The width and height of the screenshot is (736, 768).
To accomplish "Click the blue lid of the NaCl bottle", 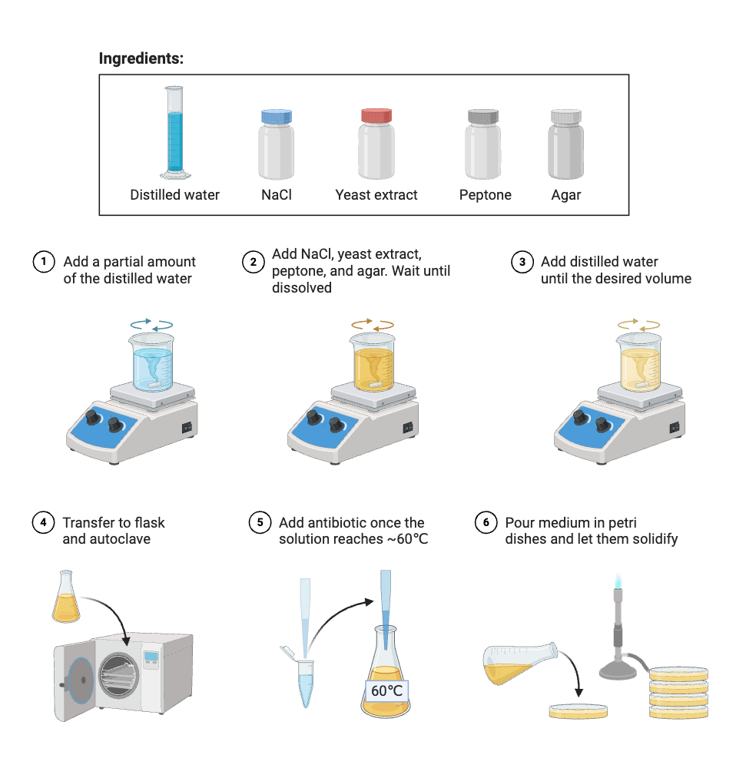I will pos(277,117).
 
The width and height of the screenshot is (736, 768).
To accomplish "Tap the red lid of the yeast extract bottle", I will pos(376,116).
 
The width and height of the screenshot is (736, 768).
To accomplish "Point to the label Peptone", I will pos(485,195).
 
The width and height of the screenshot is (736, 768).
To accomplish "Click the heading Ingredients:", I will pos(141,58).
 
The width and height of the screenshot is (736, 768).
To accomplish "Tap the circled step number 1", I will pos(43,262).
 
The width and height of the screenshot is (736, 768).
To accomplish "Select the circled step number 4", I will pos(43,523).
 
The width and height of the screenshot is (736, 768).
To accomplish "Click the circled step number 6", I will pos(486,523).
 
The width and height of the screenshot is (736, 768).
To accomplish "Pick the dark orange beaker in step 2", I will pos(373,362).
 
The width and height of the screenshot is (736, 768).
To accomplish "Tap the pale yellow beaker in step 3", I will pos(639,362).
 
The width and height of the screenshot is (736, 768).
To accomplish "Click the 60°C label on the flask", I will pos(386,690).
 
